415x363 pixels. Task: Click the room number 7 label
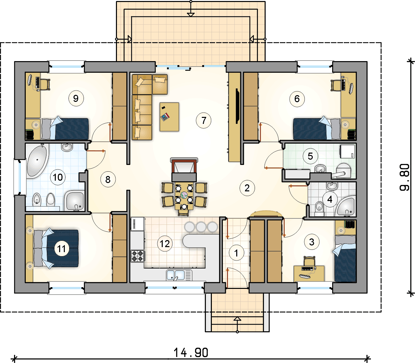pos(203,121)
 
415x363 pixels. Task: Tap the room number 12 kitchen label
pos(165,244)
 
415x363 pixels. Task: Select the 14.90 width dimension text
pos(191,353)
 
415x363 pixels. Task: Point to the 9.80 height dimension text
pos(405,177)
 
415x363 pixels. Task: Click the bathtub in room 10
pos(37,161)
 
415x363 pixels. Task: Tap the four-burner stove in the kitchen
pos(138,256)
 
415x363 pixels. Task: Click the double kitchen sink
pos(176,275)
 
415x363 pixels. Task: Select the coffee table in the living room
pos(169,117)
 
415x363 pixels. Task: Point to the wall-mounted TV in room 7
pos(237,106)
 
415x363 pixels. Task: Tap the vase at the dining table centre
pos(184,195)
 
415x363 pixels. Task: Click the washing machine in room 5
pos(348,151)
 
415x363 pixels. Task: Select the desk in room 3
pos(309,274)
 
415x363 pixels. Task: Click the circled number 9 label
pos(76,99)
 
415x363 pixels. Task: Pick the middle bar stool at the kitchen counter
pos(201,227)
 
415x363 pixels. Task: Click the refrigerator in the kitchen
pos(138,224)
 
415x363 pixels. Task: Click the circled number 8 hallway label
pos(108,179)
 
